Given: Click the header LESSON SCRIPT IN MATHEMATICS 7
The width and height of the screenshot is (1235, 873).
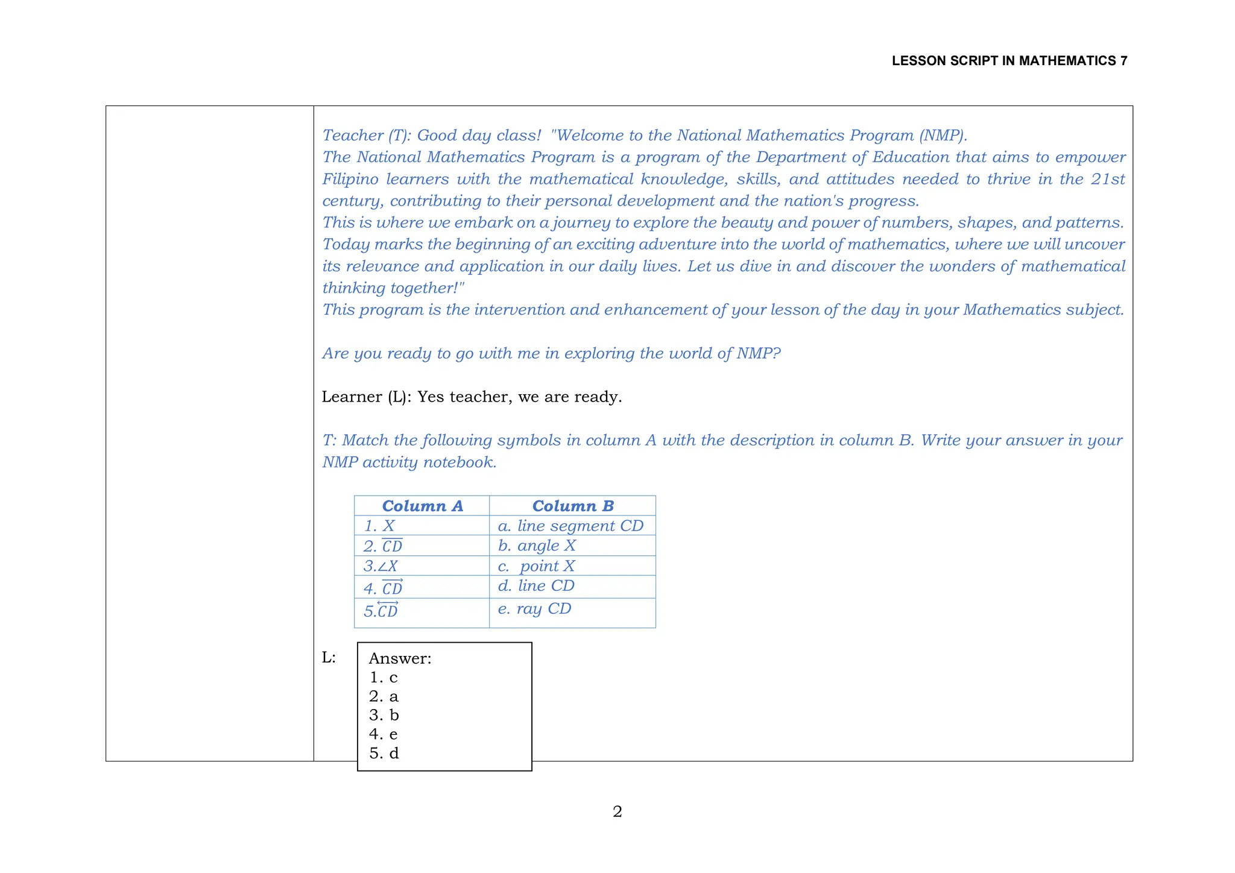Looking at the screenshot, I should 1009,61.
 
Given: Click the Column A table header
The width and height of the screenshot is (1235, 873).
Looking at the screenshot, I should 422,506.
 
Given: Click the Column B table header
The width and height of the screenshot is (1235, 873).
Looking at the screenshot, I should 572,506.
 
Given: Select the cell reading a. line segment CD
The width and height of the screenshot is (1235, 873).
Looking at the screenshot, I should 570,526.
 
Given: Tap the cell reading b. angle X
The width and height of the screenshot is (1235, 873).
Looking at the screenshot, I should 537,546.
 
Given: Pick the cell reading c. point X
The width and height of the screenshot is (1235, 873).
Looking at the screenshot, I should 536,566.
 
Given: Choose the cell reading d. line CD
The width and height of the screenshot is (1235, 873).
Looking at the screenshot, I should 536,586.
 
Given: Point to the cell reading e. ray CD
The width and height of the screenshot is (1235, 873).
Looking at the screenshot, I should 534,609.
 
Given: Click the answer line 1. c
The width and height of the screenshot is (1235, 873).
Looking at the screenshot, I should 383,678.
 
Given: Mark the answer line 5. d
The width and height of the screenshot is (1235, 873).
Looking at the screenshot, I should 384,754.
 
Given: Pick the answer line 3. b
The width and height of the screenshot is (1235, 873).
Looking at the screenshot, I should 384,716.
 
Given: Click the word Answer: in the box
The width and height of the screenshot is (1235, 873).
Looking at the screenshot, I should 400,658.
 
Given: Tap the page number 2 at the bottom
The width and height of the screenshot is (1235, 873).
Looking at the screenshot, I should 617,812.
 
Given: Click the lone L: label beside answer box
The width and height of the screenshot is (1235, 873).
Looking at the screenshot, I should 329,658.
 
